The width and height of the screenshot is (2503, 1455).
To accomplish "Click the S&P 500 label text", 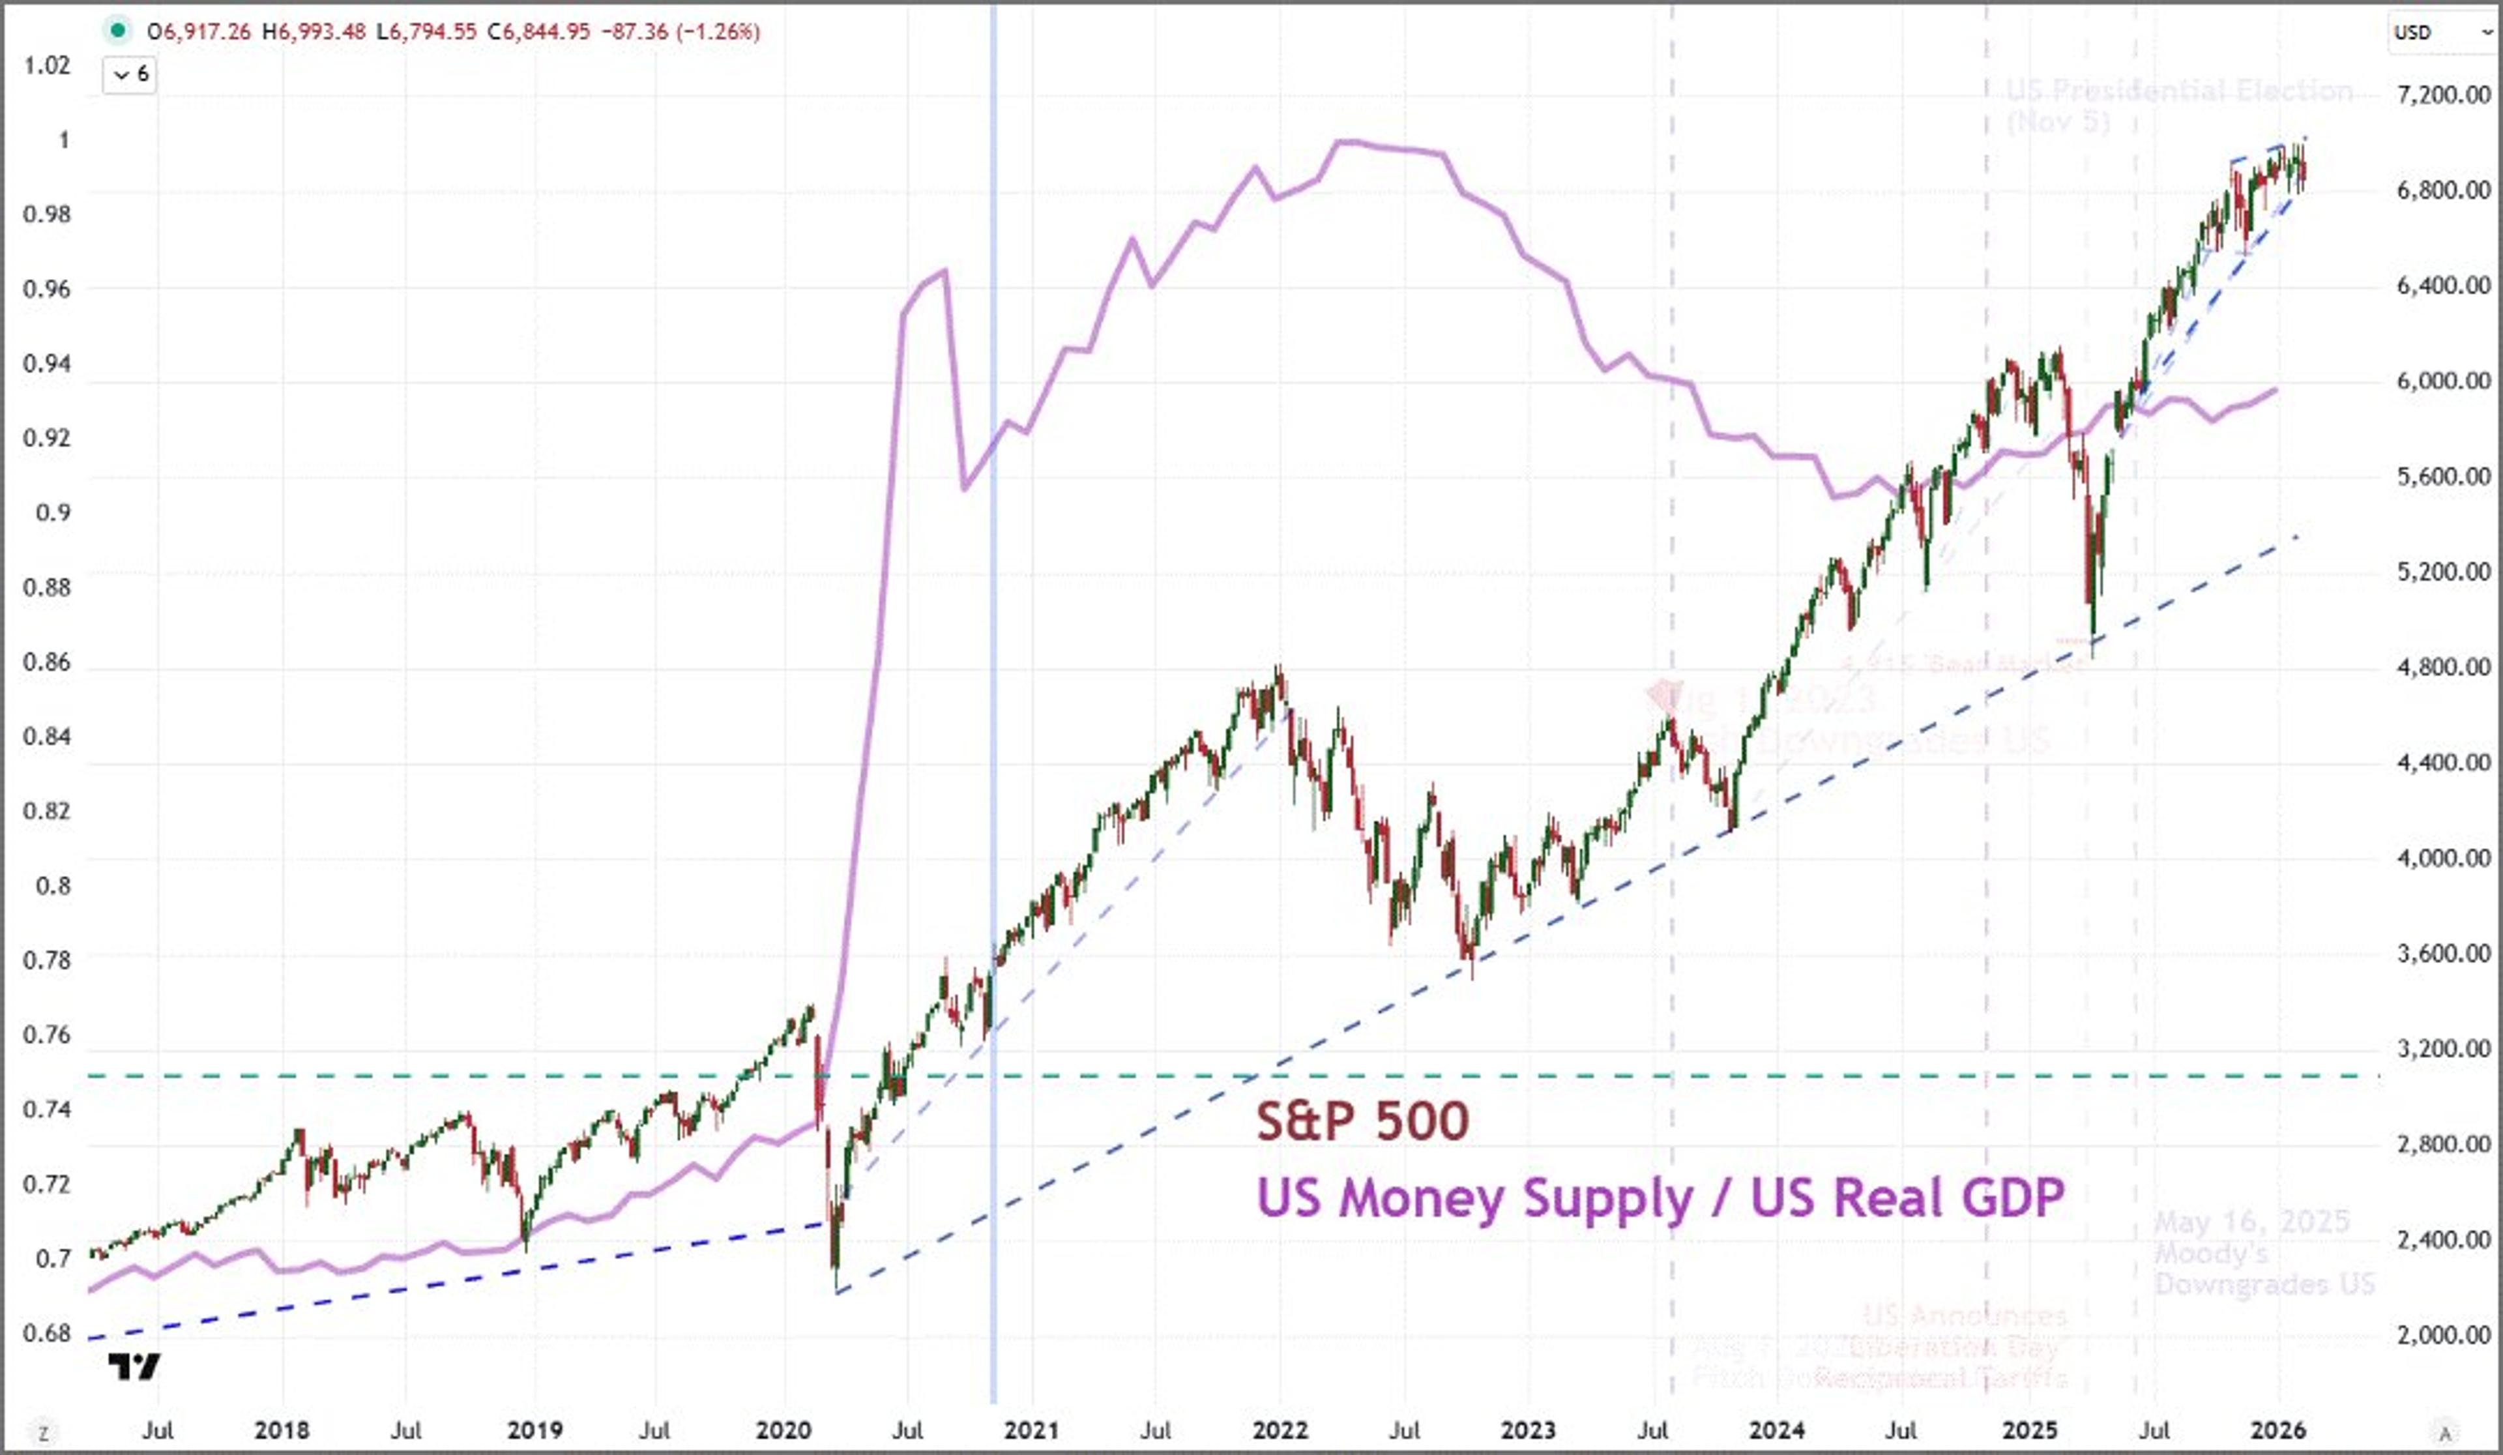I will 1362,1121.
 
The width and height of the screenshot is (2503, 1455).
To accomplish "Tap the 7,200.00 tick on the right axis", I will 2444,95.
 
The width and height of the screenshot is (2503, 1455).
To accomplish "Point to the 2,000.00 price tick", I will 2444,1335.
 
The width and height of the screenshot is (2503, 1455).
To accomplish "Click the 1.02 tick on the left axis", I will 47,66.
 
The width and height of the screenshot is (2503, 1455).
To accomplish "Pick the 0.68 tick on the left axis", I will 47,1333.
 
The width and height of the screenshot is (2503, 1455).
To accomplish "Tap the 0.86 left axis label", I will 47,662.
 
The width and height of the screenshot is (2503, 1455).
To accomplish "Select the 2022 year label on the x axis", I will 1280,1430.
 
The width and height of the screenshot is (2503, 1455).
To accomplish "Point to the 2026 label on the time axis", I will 2277,1430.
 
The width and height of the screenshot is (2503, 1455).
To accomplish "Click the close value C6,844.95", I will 538,32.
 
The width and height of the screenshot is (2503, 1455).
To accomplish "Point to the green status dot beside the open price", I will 117,31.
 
